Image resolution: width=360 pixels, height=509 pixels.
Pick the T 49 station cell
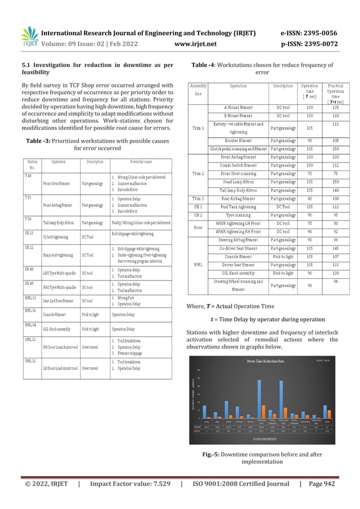(28, 176)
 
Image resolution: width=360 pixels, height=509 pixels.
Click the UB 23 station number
(30, 232)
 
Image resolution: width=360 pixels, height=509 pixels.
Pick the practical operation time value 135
(336, 107)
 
